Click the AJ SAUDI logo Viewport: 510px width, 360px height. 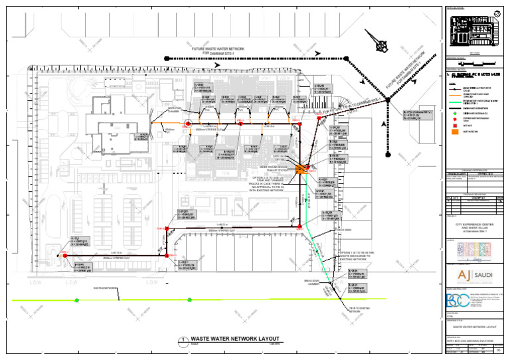(x=473, y=274)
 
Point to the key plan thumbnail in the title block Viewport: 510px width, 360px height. (x=473, y=29)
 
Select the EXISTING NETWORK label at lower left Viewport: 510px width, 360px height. (x=106, y=288)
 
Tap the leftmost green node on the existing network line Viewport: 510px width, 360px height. (x=76, y=300)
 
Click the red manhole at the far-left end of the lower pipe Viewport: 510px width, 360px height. (x=65, y=255)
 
